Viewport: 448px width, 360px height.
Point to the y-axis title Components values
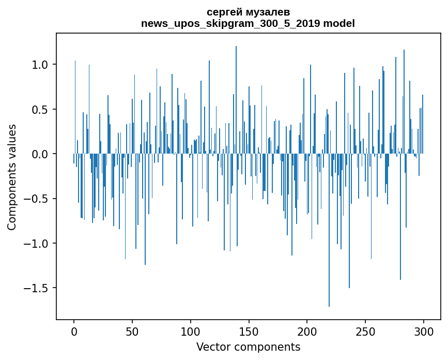(x=12, y=177)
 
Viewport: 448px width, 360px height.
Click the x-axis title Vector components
(x=248, y=347)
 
